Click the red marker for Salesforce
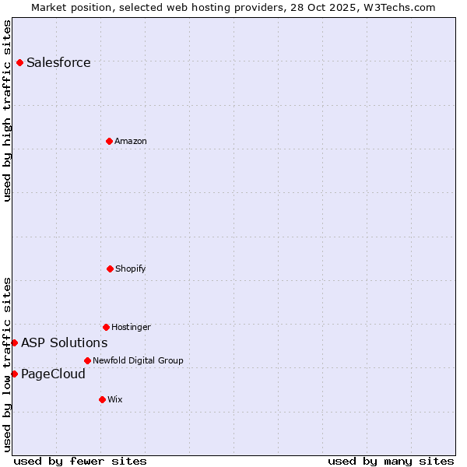(x=19, y=62)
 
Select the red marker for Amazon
(x=109, y=141)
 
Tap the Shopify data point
(x=110, y=269)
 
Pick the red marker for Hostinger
(x=106, y=327)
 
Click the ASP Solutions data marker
(x=14, y=342)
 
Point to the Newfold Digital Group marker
(x=87, y=360)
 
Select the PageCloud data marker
(x=14, y=374)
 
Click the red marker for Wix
(x=102, y=399)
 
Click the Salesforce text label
(x=58, y=63)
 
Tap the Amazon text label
(x=131, y=142)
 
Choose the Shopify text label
(x=131, y=269)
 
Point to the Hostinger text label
(x=131, y=328)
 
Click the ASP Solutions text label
(x=64, y=343)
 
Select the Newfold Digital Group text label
(x=138, y=361)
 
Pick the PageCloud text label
(x=53, y=374)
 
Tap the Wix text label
(x=115, y=400)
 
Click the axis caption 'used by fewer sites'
(x=80, y=461)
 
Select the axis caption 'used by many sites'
(x=391, y=461)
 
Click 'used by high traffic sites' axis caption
(x=8, y=111)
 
